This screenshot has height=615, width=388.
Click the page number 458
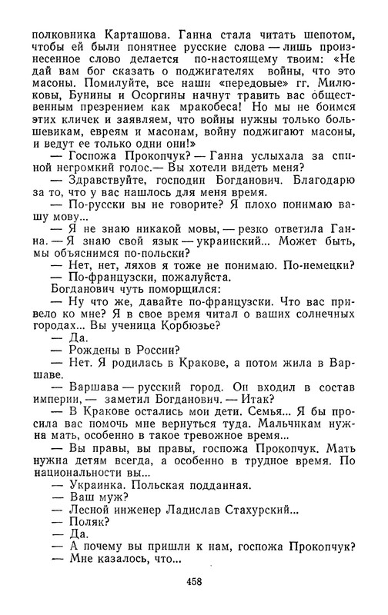tap(193, 582)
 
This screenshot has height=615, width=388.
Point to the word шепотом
tap(330, 35)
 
